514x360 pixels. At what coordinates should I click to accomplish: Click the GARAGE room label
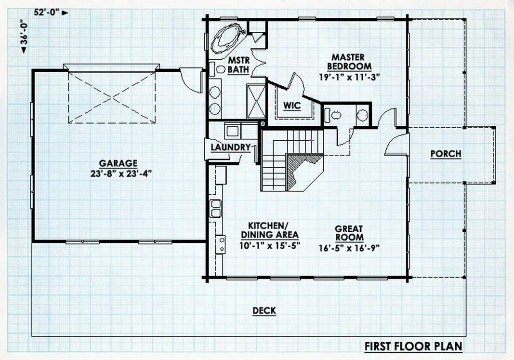(x=118, y=163)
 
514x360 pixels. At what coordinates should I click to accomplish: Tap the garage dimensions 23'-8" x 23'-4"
(x=121, y=173)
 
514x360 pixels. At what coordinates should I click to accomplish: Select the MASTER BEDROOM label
(x=349, y=62)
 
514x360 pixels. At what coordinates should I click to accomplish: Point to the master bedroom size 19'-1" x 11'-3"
(x=349, y=78)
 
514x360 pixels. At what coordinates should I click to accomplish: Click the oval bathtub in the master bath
(x=226, y=39)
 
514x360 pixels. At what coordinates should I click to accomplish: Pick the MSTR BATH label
(x=238, y=65)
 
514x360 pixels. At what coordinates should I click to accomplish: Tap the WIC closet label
(x=292, y=106)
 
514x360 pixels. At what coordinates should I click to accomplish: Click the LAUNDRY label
(x=231, y=147)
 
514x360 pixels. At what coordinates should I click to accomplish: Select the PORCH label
(x=446, y=154)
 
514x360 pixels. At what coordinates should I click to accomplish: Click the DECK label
(x=264, y=310)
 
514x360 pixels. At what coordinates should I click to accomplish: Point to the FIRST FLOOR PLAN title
(x=413, y=346)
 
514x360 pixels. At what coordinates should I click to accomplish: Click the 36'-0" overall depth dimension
(x=24, y=37)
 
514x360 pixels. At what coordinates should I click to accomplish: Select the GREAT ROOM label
(x=349, y=233)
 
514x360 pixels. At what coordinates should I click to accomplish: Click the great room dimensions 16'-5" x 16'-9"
(x=349, y=248)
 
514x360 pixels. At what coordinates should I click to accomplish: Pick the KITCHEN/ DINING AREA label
(x=269, y=230)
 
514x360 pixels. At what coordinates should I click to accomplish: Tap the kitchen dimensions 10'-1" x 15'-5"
(x=270, y=246)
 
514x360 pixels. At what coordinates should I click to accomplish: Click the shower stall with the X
(x=256, y=101)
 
